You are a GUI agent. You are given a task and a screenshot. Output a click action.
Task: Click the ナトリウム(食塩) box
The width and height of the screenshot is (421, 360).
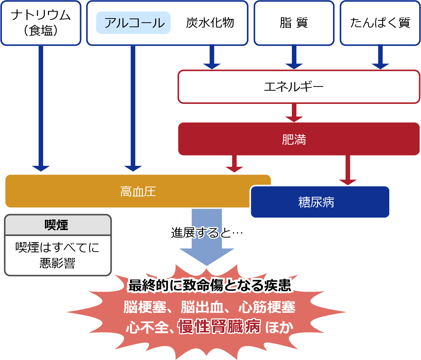(x=41, y=23)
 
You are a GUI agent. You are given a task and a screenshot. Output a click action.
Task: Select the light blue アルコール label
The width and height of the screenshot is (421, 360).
(x=134, y=23)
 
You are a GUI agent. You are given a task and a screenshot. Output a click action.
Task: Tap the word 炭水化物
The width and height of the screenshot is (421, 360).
(x=210, y=23)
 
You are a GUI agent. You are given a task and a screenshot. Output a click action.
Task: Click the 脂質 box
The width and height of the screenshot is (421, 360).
(x=294, y=23)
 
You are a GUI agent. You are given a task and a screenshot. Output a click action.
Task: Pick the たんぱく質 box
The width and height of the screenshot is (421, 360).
(x=380, y=23)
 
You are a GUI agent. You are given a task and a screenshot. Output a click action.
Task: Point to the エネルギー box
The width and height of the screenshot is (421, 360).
(x=298, y=87)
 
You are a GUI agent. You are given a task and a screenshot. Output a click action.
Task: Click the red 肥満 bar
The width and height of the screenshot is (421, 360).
(x=298, y=139)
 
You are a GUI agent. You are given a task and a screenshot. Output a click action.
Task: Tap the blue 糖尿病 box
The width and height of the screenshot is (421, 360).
(x=320, y=202)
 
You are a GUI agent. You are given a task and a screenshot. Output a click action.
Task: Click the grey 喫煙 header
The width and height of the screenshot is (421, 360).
(x=58, y=225)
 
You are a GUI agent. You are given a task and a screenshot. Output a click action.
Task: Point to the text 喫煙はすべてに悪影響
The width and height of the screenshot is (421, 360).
(x=58, y=255)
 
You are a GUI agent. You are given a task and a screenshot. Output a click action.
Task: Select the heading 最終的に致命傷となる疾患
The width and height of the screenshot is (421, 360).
(x=210, y=286)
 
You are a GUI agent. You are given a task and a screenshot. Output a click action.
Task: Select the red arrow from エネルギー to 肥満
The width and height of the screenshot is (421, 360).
(x=294, y=113)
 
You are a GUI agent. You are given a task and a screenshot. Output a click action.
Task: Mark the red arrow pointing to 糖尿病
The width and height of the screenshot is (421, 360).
(x=348, y=170)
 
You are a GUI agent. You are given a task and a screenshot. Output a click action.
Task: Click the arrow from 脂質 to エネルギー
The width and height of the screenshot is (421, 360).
(x=294, y=57)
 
